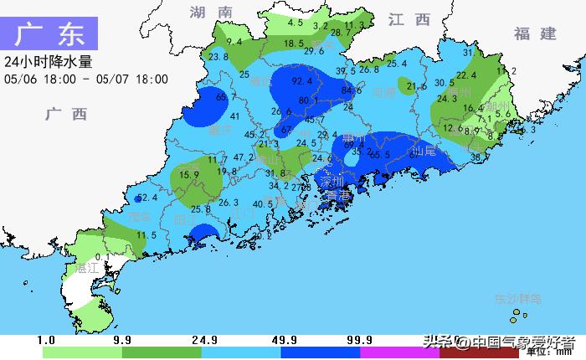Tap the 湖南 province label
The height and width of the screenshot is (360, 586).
210,12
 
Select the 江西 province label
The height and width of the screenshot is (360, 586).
409,18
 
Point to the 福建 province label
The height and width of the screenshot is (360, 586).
535,33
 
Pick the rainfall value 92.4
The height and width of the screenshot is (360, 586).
302,81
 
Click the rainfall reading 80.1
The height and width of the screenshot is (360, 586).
309,100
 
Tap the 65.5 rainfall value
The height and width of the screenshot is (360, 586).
380,155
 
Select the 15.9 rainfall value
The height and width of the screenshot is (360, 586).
188,175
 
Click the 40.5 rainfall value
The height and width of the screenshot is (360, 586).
263,203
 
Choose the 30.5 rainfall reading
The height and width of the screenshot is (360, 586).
445,83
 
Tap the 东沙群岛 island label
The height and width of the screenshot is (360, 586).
517,298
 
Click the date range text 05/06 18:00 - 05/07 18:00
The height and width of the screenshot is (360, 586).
86,80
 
